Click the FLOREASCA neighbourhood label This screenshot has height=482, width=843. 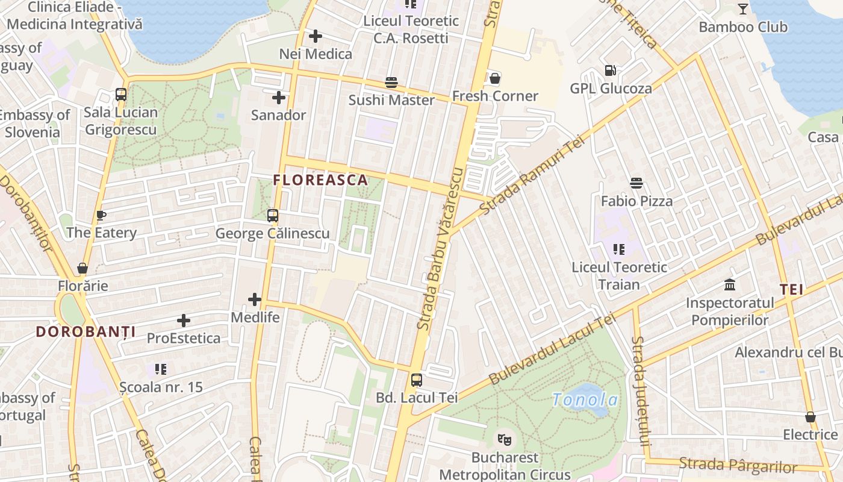tap(320, 180)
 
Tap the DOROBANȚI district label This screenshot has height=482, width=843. tap(86, 331)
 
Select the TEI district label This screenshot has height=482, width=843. tap(792, 289)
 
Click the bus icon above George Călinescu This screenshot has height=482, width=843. tap(273, 215)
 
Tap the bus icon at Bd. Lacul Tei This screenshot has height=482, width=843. tap(416, 380)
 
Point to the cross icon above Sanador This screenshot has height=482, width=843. tap(278, 97)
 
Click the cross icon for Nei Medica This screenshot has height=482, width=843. tap(315, 36)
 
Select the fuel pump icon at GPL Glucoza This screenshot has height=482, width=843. tap(611, 70)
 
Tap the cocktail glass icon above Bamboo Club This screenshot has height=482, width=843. tap(743, 8)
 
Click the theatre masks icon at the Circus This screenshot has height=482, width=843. tap(505, 439)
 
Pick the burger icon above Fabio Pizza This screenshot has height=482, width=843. tap(636, 183)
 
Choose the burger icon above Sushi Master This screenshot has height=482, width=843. tap(391, 82)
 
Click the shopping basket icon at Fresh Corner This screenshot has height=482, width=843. tap(494, 78)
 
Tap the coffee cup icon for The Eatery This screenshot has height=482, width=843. tap(101, 215)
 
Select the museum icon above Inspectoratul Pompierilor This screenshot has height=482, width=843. tap(730, 284)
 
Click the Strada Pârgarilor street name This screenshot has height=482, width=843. tap(738, 465)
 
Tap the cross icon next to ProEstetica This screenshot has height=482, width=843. tap(184, 321)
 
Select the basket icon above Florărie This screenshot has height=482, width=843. tap(82, 268)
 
